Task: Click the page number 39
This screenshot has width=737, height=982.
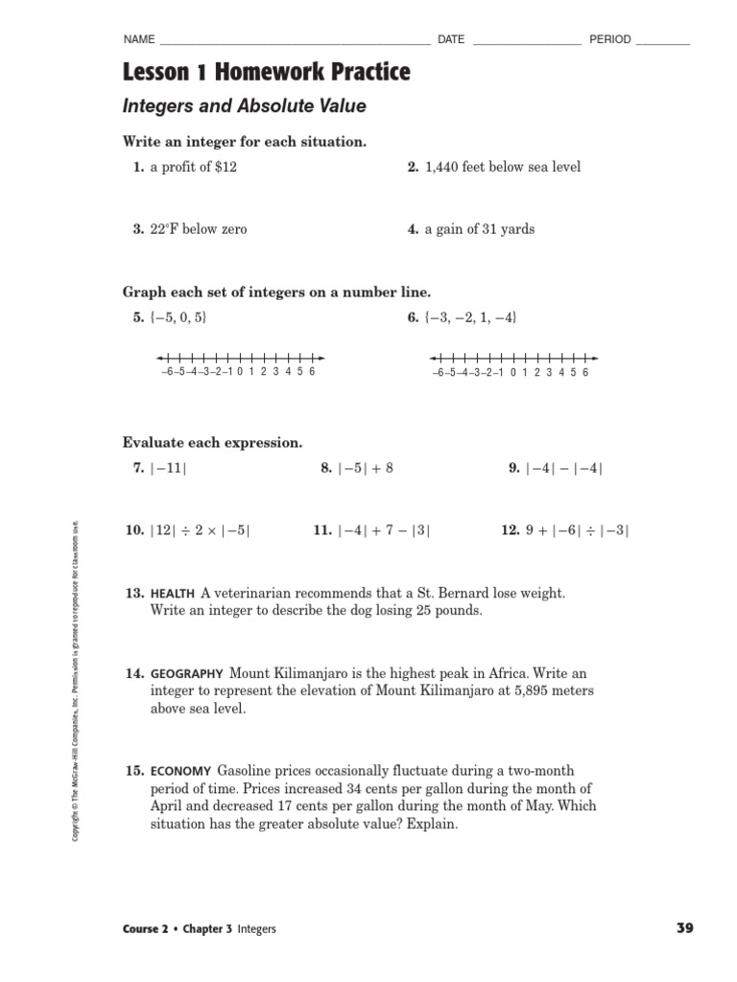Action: click(684, 927)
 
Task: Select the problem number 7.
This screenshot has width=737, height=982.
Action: click(138, 469)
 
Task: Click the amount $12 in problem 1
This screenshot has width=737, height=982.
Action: click(226, 167)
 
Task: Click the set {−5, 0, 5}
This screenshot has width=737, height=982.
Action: click(178, 318)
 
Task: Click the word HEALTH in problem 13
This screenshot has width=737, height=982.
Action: click(173, 595)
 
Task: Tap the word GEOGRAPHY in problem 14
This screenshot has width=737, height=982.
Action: click(186, 674)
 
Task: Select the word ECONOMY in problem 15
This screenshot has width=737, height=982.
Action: click(180, 771)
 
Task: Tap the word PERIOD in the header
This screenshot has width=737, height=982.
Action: click(609, 40)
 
